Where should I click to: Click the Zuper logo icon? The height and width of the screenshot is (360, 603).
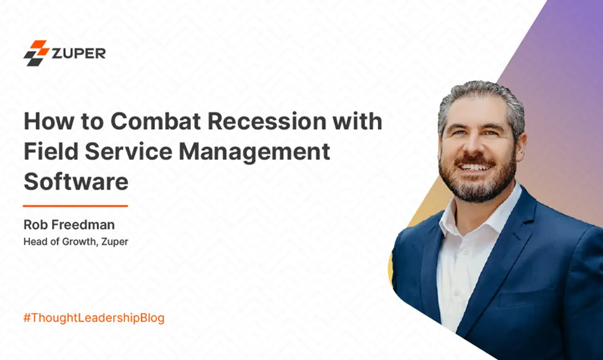[36, 53]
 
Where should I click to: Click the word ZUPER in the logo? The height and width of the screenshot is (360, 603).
[79, 53]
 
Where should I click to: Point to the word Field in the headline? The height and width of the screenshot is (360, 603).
[48, 152]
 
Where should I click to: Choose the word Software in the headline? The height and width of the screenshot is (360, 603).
[76, 181]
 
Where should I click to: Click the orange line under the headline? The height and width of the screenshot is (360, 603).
[75, 205]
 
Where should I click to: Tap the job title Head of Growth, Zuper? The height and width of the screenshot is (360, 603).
[76, 241]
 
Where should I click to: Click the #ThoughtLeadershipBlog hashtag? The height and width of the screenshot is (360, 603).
[94, 318]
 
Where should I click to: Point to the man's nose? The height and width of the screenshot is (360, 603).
[473, 148]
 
